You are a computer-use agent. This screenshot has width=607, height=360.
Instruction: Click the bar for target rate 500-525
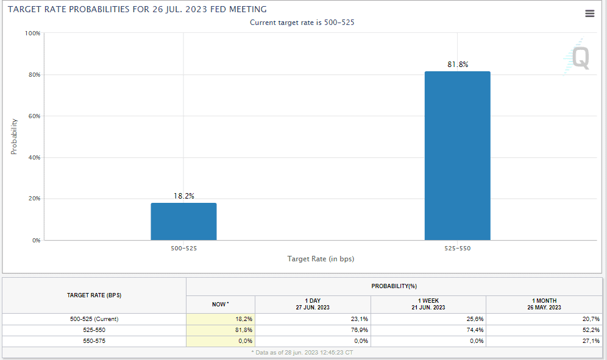pyautogui.click(x=183, y=221)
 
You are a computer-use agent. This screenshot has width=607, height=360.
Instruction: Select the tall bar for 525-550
pyautogui.click(x=457, y=155)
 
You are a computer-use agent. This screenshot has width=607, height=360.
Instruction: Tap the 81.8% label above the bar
pyautogui.click(x=457, y=65)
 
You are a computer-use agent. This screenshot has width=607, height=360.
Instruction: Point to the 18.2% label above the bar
pyautogui.click(x=183, y=196)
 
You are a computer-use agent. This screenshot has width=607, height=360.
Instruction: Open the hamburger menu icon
pyautogui.click(x=589, y=13)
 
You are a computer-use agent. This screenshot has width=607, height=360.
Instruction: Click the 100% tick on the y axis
pyautogui.click(x=33, y=34)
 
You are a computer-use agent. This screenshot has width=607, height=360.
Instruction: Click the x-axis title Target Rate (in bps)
pyautogui.click(x=321, y=259)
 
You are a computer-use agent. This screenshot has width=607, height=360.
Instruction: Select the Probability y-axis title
pyautogui.click(x=14, y=136)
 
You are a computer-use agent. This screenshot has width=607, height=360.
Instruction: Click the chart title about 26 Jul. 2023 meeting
pyautogui.click(x=137, y=10)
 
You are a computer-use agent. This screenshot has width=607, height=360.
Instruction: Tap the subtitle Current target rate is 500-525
pyautogui.click(x=302, y=22)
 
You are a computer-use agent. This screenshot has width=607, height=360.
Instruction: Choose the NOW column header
pyautogui.click(x=220, y=304)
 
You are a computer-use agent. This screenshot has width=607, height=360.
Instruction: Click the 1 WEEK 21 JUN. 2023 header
pyautogui.click(x=428, y=304)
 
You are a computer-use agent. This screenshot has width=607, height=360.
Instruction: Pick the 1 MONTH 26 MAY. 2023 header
pyautogui.click(x=544, y=304)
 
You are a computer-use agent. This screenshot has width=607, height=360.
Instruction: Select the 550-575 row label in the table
pyautogui.click(x=94, y=341)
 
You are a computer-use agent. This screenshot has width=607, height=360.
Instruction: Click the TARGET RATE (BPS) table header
pyautogui.click(x=94, y=295)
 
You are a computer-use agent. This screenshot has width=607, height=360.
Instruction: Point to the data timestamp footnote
pyautogui.click(x=302, y=353)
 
